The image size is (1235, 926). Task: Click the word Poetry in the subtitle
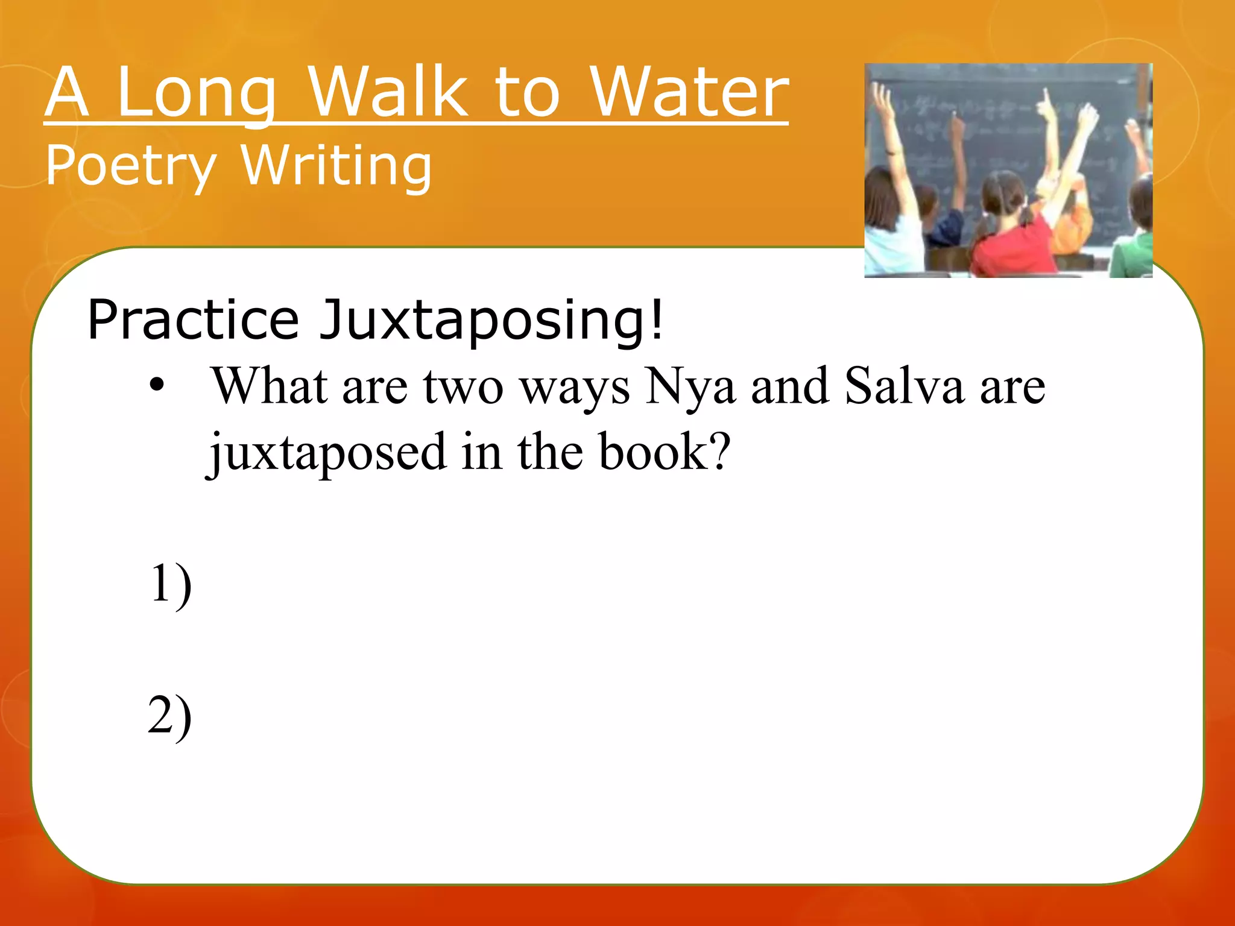point(131,166)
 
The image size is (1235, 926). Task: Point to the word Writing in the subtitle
point(336,166)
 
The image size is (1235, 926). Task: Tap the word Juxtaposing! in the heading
point(491,321)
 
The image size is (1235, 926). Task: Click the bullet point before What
point(157,385)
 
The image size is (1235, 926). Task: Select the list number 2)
point(170,716)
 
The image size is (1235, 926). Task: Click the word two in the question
point(463,387)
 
